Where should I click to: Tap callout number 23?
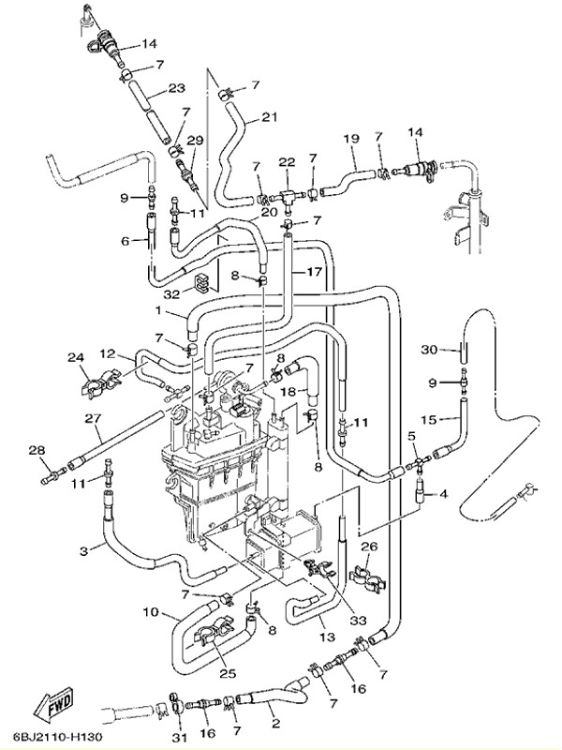pos(177,90)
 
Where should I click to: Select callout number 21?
pos(270,117)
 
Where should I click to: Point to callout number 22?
pos(287,160)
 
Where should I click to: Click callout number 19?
pos(351,139)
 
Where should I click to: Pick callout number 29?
pos(195,140)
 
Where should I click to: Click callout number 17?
pos(312,271)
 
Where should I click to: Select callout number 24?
pos(76,357)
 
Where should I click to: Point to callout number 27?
pos(93,418)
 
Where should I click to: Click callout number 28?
pos(37,452)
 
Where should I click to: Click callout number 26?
pos(368,547)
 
